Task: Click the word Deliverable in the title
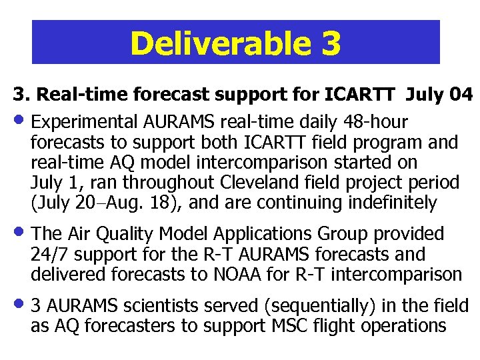(219, 43)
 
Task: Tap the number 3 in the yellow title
(330, 43)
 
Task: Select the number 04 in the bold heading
(461, 95)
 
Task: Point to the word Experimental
(84, 123)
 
